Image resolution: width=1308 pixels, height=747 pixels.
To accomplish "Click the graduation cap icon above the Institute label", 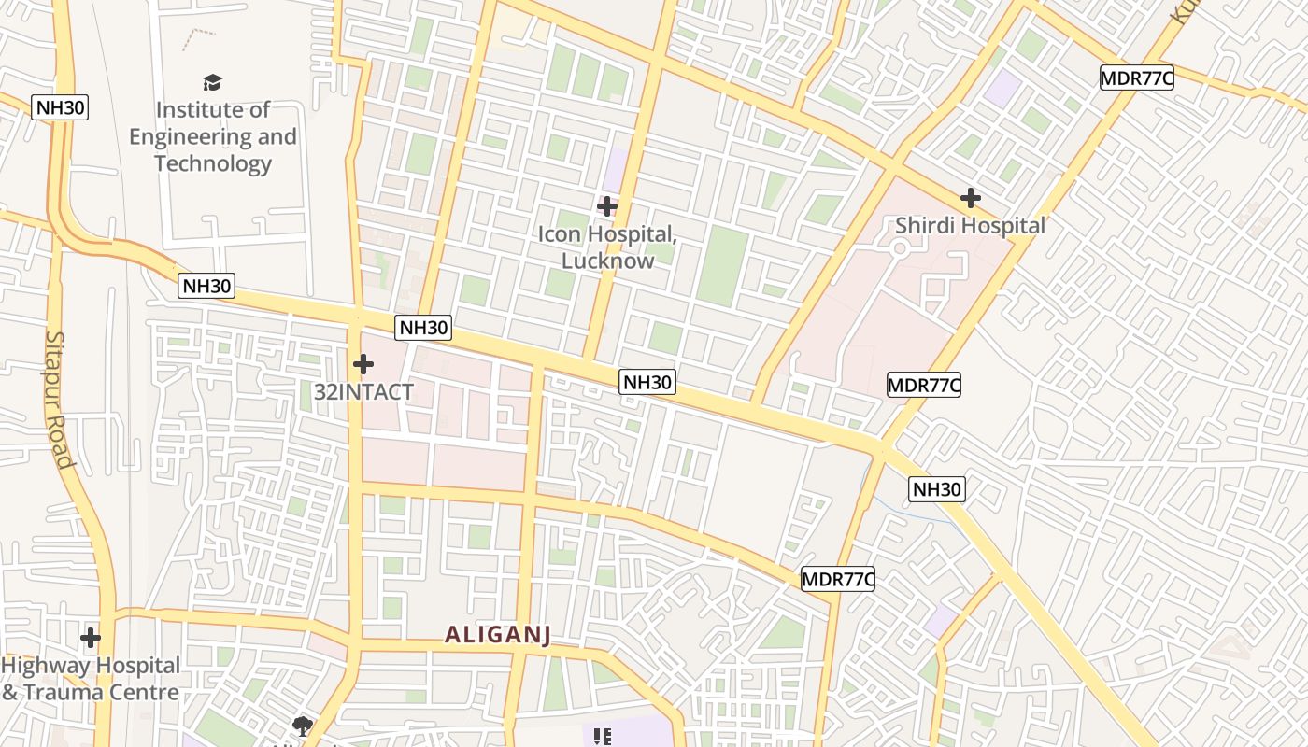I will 213,82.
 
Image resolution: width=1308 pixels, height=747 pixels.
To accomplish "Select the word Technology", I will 213,163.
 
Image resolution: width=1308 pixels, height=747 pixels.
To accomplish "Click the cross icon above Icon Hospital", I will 607,205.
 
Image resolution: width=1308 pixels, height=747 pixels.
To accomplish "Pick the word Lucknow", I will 607,261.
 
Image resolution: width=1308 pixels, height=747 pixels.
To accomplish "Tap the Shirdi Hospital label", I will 970,226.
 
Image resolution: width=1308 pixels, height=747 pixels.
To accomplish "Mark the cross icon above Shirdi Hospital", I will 971,198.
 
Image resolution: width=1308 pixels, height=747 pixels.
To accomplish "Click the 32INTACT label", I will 363,392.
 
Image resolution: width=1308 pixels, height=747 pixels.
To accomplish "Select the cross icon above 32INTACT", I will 363,363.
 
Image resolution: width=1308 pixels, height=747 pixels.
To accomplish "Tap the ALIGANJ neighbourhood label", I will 497,635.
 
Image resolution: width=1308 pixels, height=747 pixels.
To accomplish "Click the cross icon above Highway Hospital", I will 91,638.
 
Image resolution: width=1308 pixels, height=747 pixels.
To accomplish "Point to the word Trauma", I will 63,693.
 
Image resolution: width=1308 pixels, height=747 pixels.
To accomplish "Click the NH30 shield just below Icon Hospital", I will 647,382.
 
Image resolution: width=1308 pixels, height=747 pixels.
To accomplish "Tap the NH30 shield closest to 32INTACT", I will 423,328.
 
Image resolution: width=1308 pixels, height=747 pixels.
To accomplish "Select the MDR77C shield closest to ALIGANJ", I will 837,579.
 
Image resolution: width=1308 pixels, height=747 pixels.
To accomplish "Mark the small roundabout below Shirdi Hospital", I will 900,248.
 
